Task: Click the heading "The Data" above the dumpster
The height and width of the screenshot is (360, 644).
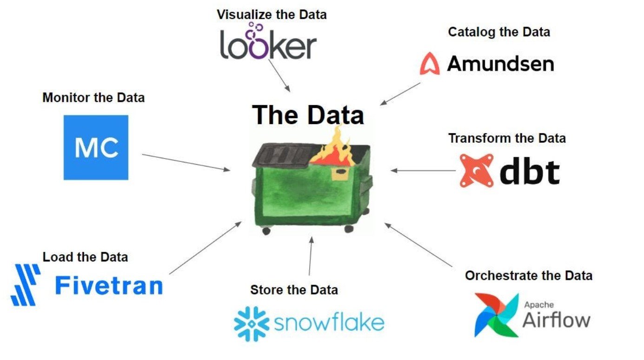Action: click(308, 114)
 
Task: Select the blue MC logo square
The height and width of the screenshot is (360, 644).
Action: click(96, 147)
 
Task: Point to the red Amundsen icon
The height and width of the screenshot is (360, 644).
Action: click(430, 64)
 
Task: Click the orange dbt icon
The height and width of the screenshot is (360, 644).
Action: click(477, 171)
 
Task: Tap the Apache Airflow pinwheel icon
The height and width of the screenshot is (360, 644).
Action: click(497, 314)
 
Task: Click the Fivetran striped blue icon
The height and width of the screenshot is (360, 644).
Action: click(26, 285)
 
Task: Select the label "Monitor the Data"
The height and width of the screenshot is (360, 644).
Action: click(93, 98)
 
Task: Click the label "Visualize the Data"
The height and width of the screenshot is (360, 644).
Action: click(272, 15)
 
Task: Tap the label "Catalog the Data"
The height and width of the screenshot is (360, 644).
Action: click(499, 32)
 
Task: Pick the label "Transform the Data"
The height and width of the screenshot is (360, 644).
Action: click(507, 138)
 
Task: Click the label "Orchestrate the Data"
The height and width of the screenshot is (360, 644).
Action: click(529, 275)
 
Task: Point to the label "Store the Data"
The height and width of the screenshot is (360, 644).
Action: click(294, 290)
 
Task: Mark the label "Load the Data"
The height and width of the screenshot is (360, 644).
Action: click(85, 257)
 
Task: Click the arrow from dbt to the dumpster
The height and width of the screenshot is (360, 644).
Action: click(423, 171)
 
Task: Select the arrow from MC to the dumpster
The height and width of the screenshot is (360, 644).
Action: click(186, 162)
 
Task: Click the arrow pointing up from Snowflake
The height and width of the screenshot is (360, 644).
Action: click(310, 256)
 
